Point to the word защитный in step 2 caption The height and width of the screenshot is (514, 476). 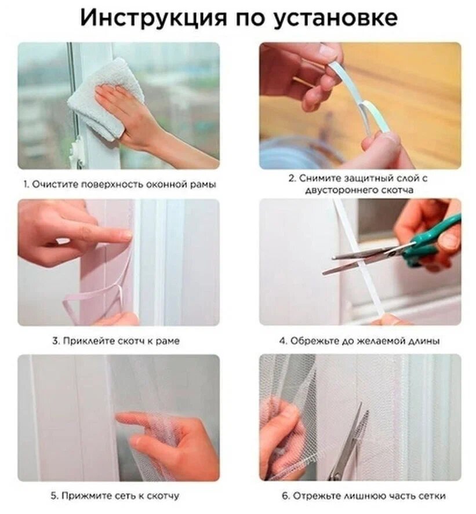[x=364, y=178]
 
